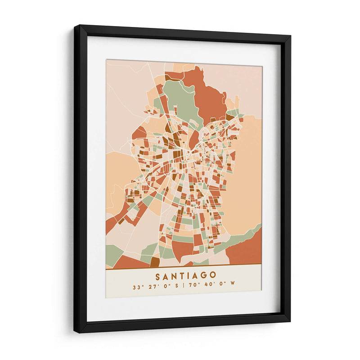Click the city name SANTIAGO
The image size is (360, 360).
click(x=185, y=275)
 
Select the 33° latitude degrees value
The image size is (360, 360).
click(x=137, y=286)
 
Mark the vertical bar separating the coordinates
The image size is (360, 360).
click(x=184, y=286)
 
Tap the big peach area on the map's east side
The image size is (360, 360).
click(x=247, y=180)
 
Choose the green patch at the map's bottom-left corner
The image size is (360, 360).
click(x=113, y=254)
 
